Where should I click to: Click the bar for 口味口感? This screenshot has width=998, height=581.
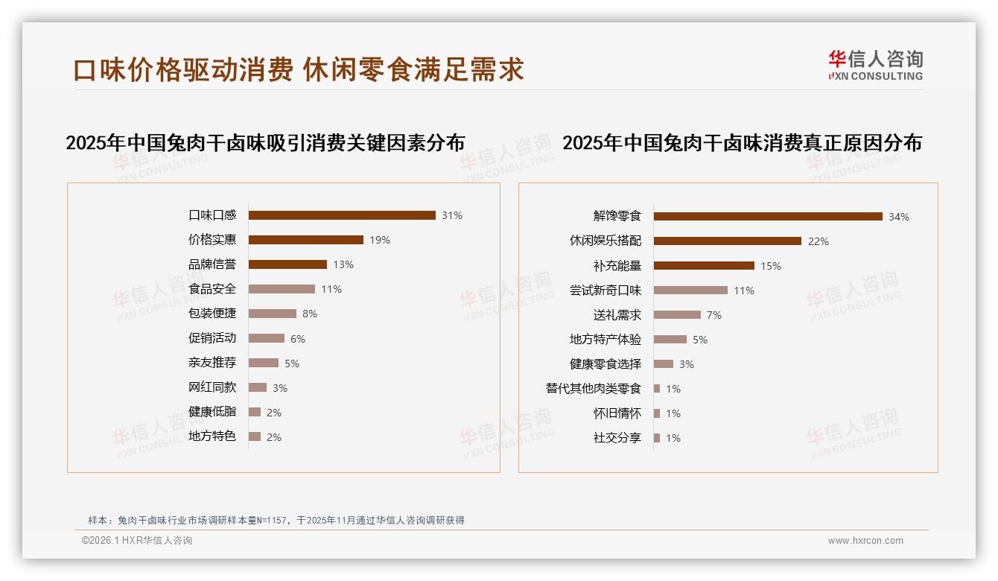click(x=342, y=215)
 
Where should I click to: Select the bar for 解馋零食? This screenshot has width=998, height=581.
click(x=768, y=216)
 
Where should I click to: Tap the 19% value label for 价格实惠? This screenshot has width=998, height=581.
click(x=380, y=240)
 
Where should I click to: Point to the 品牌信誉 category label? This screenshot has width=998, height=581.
click(x=212, y=264)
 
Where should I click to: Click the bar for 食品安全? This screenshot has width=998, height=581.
click(x=282, y=289)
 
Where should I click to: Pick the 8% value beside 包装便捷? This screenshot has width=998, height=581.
click(x=310, y=314)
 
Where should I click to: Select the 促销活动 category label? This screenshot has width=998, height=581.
click(x=212, y=338)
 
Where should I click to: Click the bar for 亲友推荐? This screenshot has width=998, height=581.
click(x=264, y=363)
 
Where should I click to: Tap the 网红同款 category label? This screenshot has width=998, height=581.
click(x=212, y=387)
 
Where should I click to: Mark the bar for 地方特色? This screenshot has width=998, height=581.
click(x=255, y=436)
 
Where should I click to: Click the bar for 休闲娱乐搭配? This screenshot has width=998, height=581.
click(x=728, y=241)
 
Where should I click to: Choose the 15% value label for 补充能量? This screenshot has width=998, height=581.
click(x=771, y=266)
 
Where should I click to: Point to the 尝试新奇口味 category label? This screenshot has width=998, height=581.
click(x=606, y=290)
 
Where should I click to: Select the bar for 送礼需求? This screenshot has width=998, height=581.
click(x=677, y=315)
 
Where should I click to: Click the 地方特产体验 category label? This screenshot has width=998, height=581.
click(x=606, y=340)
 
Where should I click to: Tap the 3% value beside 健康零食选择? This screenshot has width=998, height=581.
click(x=687, y=364)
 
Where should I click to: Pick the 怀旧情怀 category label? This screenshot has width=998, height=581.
click(x=617, y=413)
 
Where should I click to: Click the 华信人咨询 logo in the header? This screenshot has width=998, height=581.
click(x=875, y=65)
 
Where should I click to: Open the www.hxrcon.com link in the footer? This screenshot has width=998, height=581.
click(x=865, y=541)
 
